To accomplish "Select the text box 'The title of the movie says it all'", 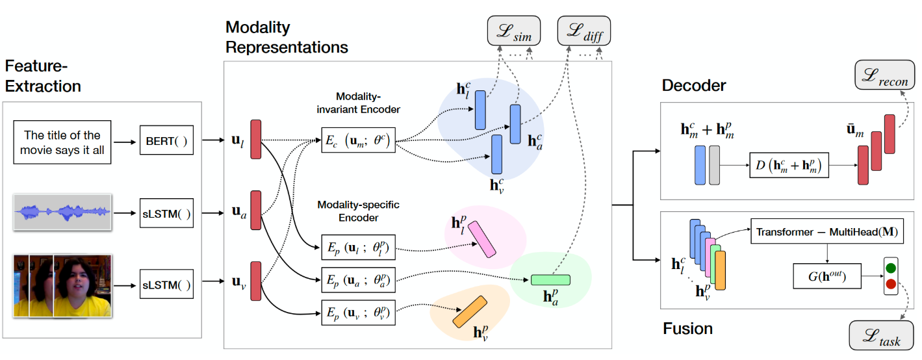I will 62,142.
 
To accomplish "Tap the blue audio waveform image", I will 63,212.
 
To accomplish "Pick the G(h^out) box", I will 826,277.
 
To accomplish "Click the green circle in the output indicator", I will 890,268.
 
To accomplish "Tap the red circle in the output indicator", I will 890,284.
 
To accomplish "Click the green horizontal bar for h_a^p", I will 550,280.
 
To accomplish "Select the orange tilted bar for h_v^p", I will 469,312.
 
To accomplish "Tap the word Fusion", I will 687,329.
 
